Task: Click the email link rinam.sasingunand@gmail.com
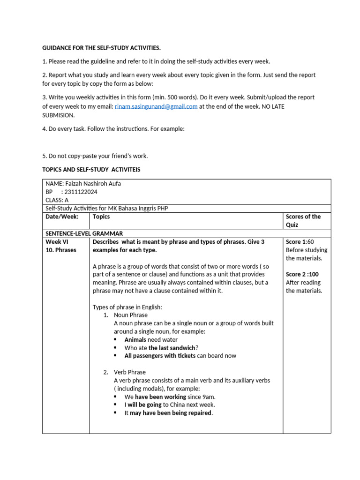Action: click(x=156, y=106)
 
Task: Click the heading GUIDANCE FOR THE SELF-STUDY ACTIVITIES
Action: click(x=101, y=48)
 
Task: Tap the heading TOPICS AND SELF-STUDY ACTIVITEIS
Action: click(x=91, y=169)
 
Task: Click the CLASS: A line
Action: click(x=57, y=200)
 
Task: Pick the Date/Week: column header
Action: click(x=62, y=217)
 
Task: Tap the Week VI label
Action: click(x=57, y=242)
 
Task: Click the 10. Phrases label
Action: click(x=60, y=250)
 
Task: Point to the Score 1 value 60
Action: click(x=310, y=242)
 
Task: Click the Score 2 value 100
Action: click(x=311, y=274)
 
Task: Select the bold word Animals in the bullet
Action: click(x=135, y=339)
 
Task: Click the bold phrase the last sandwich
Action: click(x=172, y=348)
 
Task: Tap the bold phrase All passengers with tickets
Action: click(x=160, y=356)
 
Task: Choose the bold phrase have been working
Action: click(x=160, y=397)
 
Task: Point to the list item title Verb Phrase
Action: click(x=130, y=372)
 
